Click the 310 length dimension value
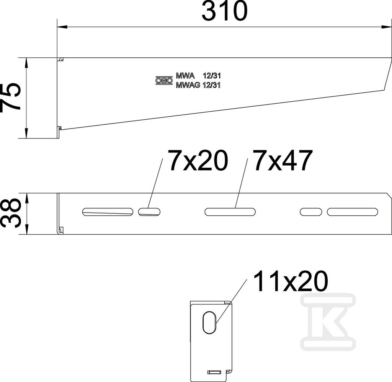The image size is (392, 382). (x=224, y=11)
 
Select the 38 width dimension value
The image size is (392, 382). (x=10, y=213)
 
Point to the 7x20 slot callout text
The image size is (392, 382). (x=199, y=160)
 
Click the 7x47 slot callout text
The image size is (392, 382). (x=283, y=160)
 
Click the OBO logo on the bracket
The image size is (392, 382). (x=164, y=80)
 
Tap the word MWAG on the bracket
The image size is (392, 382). (x=188, y=85)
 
